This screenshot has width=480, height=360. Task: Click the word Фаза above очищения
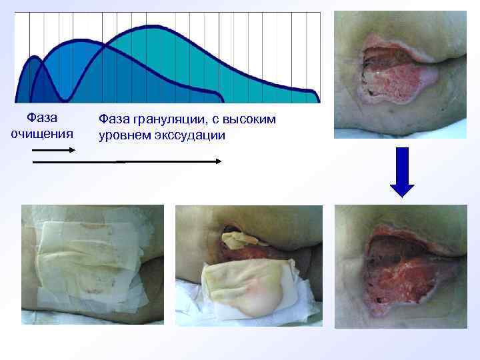[x=41, y=118]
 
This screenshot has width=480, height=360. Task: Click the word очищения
[x=41, y=133]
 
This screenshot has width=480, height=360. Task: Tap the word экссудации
[x=189, y=135]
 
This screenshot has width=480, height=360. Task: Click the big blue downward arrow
[x=402, y=172]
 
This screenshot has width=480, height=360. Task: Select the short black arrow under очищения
[x=53, y=150]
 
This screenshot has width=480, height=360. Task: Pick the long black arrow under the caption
[x=127, y=161]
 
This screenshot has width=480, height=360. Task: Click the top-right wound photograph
[x=400, y=74]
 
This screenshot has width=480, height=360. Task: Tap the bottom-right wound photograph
[x=400, y=267]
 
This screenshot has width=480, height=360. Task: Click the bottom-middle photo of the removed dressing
[x=249, y=265]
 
